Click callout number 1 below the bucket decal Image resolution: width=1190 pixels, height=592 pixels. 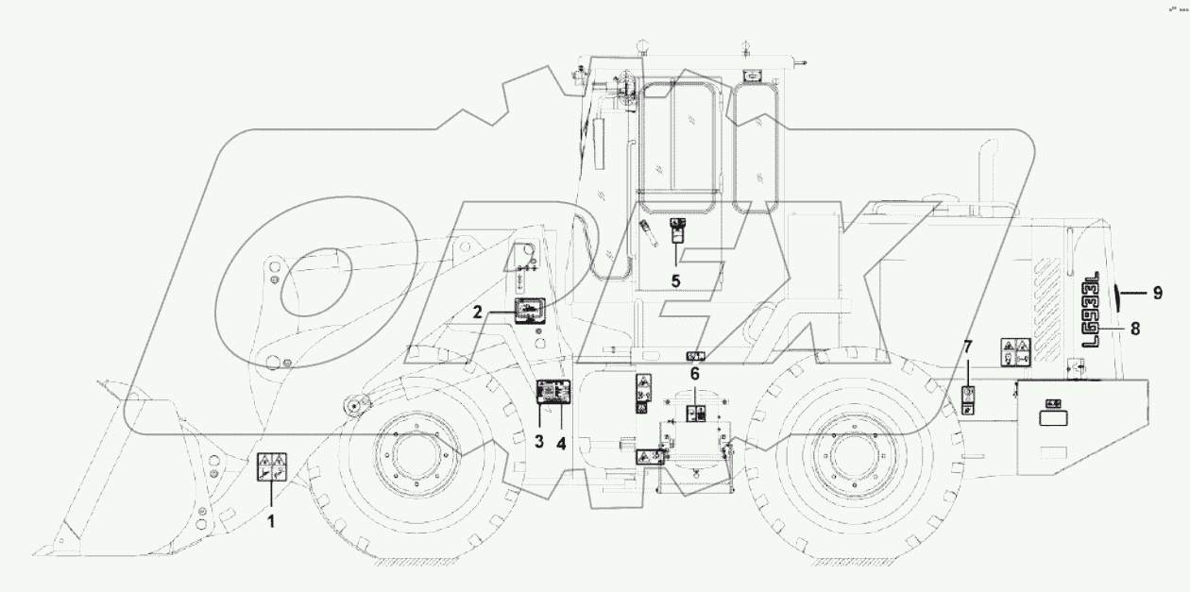pos(271,518)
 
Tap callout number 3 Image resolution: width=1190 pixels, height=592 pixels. pos(539,440)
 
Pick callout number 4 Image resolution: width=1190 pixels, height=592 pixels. pos(563,440)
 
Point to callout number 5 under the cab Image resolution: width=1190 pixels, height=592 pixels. pos(676,279)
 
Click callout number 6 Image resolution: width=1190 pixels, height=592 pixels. pos(695,374)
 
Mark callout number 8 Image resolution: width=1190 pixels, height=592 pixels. pos(1135,329)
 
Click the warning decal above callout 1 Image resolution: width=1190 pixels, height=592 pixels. pos(272,468)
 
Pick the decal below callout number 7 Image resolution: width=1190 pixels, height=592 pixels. pos(969,399)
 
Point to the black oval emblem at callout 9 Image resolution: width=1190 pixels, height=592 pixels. pos(1118,294)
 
